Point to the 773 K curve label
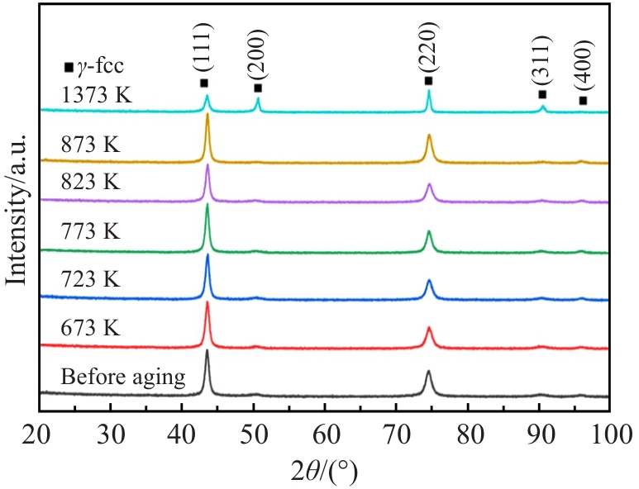point(91,232)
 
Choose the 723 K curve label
point(91,280)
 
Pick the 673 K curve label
point(91,329)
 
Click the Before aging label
point(122,378)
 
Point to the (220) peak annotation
point(429,52)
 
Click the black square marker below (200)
point(258,88)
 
